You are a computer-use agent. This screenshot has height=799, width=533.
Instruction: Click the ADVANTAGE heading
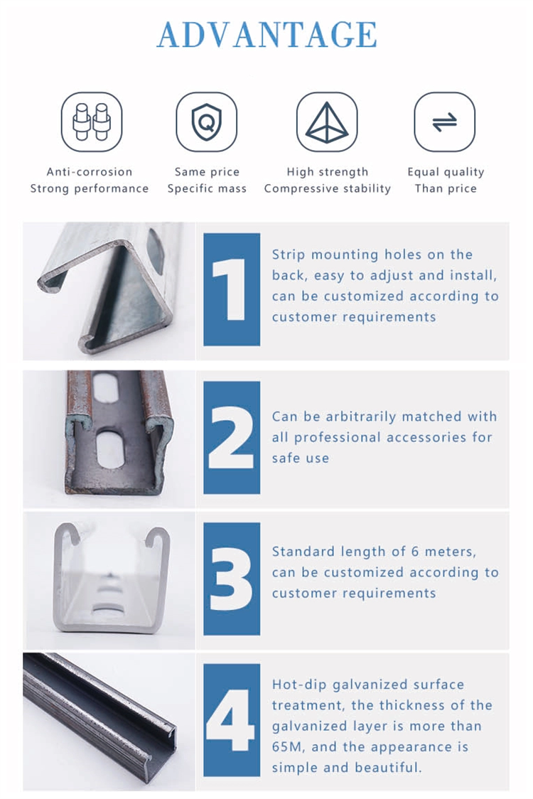pyautogui.click(x=266, y=35)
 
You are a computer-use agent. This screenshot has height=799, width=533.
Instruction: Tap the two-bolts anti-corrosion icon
pyautogui.click(x=92, y=122)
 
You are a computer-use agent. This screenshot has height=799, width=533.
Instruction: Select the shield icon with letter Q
pyautogui.click(x=206, y=122)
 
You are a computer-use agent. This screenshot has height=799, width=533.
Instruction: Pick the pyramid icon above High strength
pyautogui.click(x=327, y=122)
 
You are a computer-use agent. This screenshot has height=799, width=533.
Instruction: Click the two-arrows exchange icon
pyautogui.click(x=444, y=122)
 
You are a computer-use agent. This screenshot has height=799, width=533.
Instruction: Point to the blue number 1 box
pyautogui.click(x=232, y=289)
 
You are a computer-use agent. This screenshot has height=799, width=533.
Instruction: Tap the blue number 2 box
pyautogui.click(x=232, y=437)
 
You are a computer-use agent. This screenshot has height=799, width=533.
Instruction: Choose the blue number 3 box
pyautogui.click(x=232, y=579)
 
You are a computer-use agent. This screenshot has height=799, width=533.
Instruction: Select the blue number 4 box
pyautogui.click(x=232, y=720)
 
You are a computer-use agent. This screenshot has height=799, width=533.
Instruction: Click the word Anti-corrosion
pyautogui.click(x=89, y=172)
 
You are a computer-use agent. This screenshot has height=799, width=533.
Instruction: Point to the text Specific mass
pyautogui.click(x=207, y=188)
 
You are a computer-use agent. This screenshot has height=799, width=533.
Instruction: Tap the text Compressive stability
pyautogui.click(x=327, y=188)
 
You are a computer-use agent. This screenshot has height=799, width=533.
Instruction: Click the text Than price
pyautogui.click(x=446, y=188)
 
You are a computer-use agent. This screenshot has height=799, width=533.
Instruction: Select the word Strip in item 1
pyautogui.click(x=289, y=254)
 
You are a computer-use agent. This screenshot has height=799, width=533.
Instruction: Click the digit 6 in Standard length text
pyautogui.click(x=415, y=552)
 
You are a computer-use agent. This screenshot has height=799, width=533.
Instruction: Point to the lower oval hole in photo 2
pyautogui.click(x=110, y=449)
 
